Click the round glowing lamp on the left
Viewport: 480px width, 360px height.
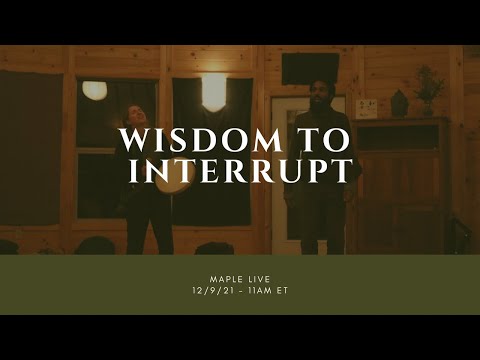point(95,90)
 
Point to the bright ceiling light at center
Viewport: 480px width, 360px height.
point(214,92)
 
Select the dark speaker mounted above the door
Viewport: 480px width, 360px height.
point(297,67)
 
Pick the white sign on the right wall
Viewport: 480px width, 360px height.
point(366,108)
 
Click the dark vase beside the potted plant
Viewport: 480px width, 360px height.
point(399,103)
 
